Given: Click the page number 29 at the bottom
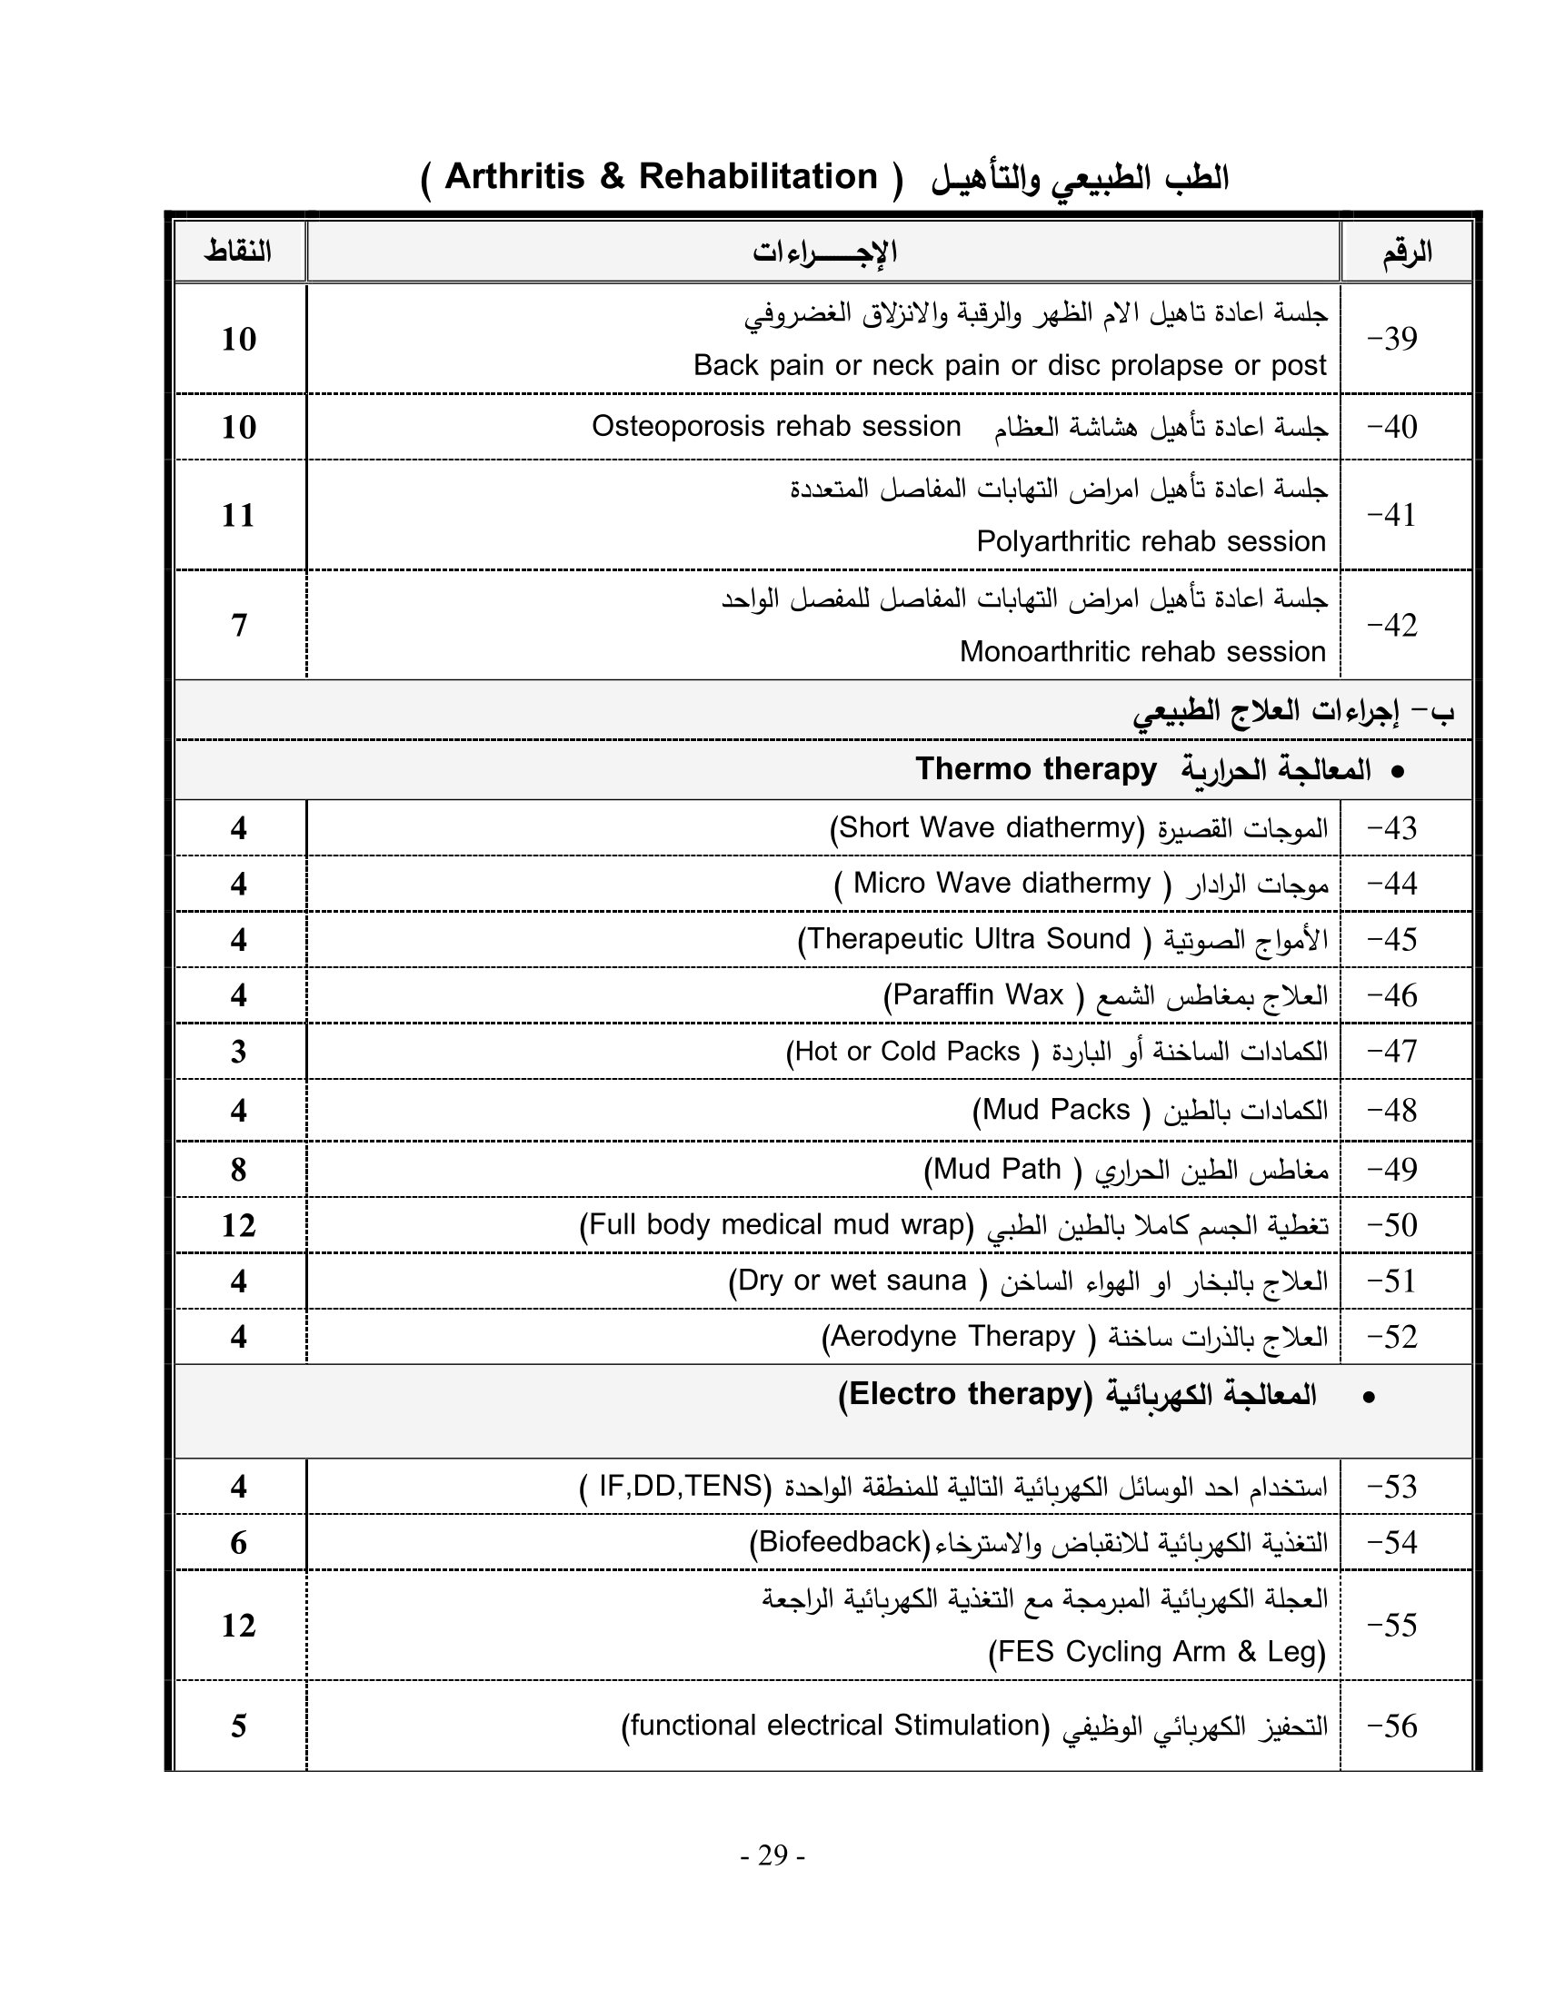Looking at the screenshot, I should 772,1855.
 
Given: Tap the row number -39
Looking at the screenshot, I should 1392,340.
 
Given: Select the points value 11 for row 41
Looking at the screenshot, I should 239,516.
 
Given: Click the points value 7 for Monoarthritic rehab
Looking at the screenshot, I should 239,626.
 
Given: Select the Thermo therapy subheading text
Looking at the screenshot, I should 1036,769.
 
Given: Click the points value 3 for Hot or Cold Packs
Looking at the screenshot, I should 239,1052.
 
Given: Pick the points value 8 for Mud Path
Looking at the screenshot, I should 239,1170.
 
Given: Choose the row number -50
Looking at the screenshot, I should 1392,1225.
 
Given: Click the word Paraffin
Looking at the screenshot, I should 943,994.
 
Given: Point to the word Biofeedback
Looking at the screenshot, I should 841,1542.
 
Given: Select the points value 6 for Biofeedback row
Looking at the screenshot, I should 239,1543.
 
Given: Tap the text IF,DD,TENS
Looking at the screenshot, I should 680,1486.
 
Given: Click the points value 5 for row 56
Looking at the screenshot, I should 239,1726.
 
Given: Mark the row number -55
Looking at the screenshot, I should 1392,1626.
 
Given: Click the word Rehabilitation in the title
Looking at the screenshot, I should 758,176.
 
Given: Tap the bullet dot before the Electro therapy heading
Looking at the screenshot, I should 1369,1397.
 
